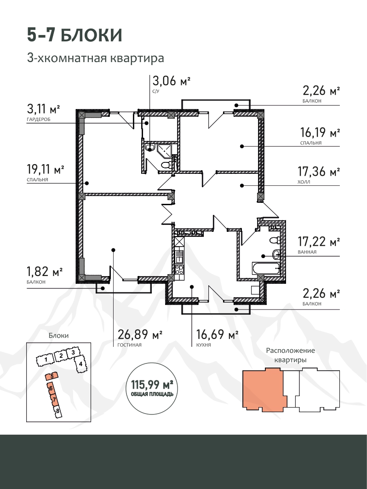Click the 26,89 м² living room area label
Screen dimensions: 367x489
pos(140,334)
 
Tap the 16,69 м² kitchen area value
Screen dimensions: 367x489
pos(218,334)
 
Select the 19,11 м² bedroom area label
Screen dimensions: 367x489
pos(46,169)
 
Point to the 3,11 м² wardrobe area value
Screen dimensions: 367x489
pos(43,109)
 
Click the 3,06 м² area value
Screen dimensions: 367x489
pos(171,81)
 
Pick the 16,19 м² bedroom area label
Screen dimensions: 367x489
pos(320,132)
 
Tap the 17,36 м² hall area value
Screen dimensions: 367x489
pos(319,171)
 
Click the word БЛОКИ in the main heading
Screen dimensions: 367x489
pos(91,35)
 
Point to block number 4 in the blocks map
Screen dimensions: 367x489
pos(80,363)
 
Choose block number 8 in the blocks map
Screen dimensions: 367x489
pos(57,411)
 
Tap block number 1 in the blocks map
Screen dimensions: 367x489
pos(46,360)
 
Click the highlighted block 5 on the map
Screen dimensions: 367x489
pos(52,376)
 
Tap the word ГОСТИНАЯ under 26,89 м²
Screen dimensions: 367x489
pos(129,345)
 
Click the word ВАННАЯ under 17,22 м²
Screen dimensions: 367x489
pos(307,252)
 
